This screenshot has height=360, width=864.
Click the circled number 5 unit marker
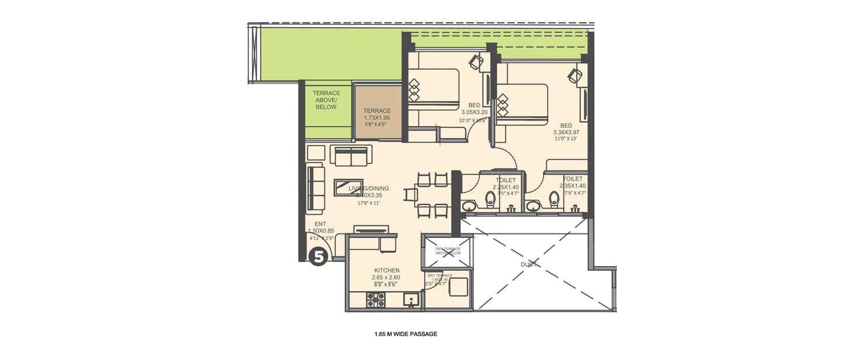point(319,256)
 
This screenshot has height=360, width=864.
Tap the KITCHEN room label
point(386,271)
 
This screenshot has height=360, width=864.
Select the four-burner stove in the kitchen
point(376,299)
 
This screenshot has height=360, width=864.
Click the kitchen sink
point(411,299)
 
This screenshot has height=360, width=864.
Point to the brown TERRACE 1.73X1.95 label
point(377,111)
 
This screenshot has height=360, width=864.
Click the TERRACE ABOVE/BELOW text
point(326,100)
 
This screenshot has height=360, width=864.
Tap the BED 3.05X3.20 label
point(474,112)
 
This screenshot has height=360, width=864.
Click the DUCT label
point(529,264)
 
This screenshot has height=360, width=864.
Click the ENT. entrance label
point(321,224)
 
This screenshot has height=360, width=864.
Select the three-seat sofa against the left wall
point(315,188)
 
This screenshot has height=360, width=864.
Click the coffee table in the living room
point(348,188)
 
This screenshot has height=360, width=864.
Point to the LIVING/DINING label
point(369,188)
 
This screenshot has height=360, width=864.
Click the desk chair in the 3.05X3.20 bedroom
point(476,61)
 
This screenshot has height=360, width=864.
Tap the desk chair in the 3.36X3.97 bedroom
point(574,75)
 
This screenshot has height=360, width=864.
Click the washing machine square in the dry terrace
point(458,286)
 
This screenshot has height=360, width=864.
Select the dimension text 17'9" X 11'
point(369,203)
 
